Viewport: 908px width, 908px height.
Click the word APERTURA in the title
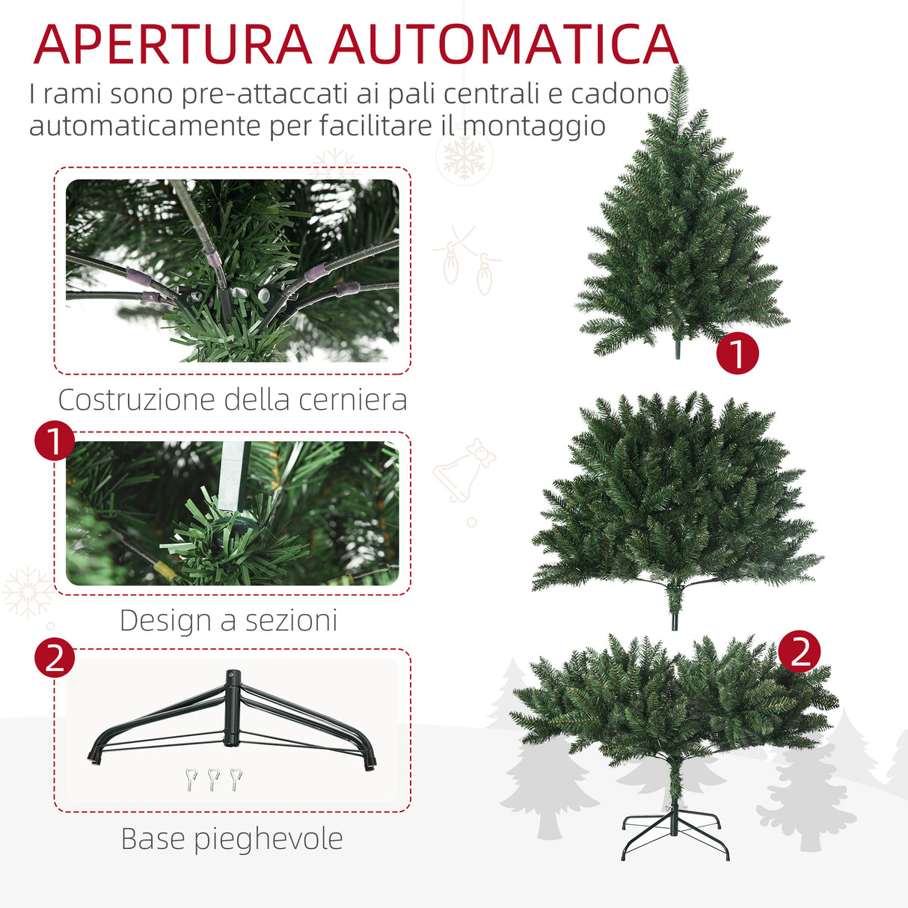coord(172,45)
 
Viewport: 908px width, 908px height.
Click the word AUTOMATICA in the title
coord(503,45)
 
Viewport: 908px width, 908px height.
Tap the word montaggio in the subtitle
coord(533,125)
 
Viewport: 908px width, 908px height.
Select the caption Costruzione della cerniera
coord(233,400)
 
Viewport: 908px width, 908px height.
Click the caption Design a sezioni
coord(229,621)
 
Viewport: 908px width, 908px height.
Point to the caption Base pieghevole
coord(232,839)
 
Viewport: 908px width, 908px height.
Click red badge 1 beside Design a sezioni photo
coord(55,441)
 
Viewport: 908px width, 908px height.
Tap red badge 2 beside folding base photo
coord(55,658)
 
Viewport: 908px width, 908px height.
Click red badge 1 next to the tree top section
coord(737,354)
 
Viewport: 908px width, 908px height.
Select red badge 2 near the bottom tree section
coord(800,651)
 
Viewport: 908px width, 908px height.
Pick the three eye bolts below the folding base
coord(213,779)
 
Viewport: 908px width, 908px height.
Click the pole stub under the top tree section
coord(679,349)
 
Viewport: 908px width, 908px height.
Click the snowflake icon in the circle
coord(464,157)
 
